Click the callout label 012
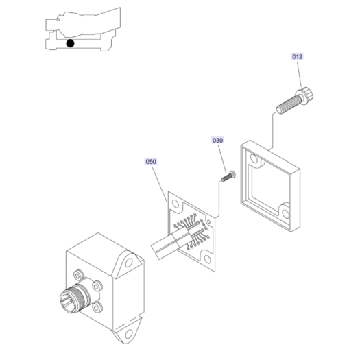click(297, 56)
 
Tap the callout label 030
click(217, 141)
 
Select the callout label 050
click(151, 162)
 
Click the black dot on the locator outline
click(70, 43)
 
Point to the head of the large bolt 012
click(305, 94)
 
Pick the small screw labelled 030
click(228, 176)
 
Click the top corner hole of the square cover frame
click(254, 158)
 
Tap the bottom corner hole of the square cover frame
click(286, 213)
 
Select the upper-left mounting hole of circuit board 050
click(176, 204)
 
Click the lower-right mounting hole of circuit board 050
click(207, 259)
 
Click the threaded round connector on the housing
click(72, 297)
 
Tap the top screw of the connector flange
click(78, 274)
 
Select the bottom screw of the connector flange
click(97, 307)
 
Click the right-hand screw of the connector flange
click(97, 286)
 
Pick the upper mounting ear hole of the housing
click(129, 263)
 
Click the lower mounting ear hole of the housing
click(129, 334)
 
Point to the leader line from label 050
click(159, 184)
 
